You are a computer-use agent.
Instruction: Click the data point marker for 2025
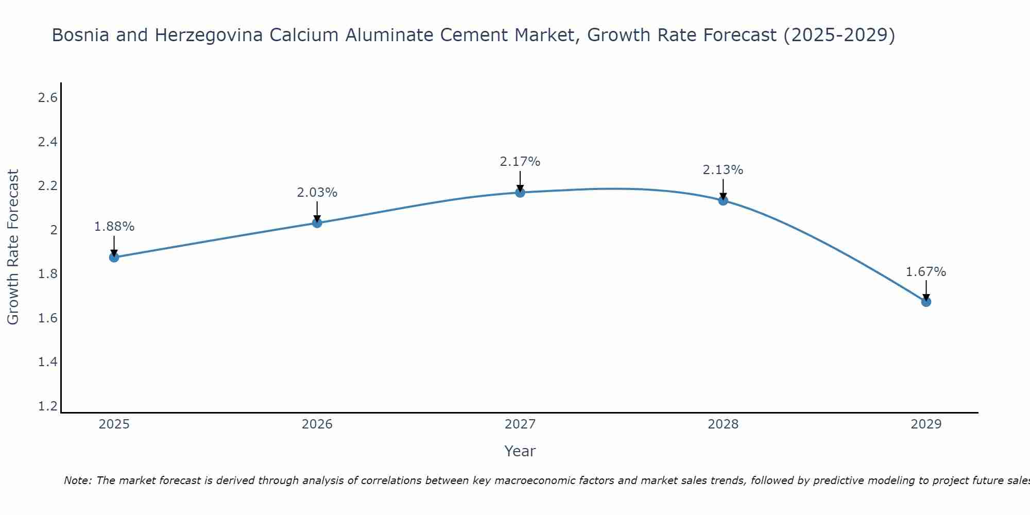point(114,257)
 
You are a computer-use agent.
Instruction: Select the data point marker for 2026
point(317,222)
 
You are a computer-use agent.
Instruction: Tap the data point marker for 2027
point(520,192)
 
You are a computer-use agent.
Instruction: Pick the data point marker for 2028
point(723,200)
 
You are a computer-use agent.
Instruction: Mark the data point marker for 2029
point(926,301)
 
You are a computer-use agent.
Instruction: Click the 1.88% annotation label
point(114,227)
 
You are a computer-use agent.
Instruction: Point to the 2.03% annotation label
point(317,193)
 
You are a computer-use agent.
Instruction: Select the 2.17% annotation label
point(520,162)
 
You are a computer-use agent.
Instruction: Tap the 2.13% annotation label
point(723,170)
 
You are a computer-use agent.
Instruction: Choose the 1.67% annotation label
point(926,272)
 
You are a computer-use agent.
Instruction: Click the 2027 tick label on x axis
point(520,424)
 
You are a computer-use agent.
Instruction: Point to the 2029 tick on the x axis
point(926,424)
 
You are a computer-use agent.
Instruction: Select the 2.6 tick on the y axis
point(48,98)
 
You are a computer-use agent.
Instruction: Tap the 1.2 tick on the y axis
point(48,406)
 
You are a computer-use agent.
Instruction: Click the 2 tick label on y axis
point(54,230)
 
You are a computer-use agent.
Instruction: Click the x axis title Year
point(520,451)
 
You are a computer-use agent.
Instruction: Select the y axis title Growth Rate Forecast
point(13,247)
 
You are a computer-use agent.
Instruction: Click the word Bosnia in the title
point(80,36)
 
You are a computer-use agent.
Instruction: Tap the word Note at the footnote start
point(77,480)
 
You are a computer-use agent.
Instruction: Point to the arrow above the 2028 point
point(723,188)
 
